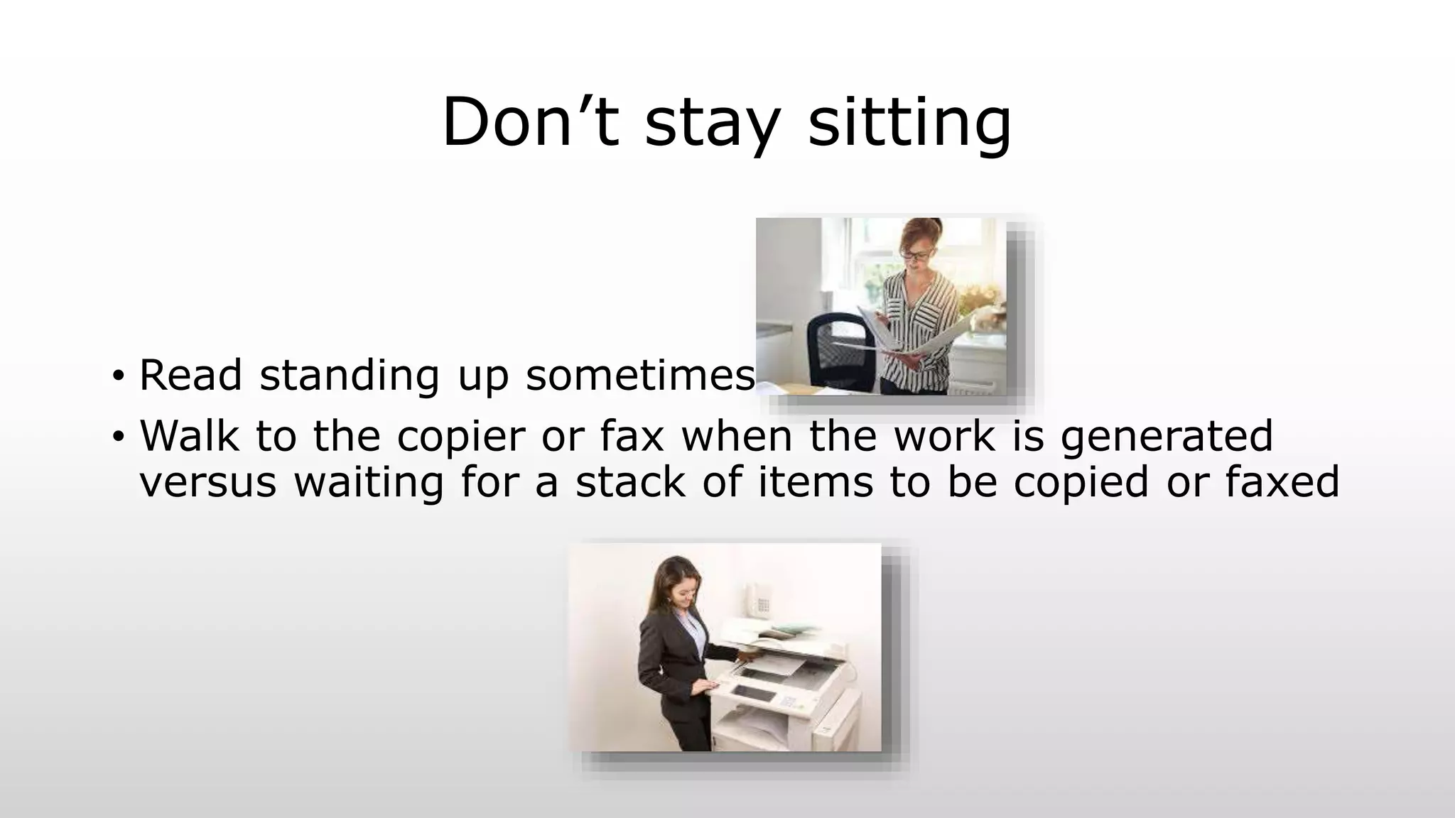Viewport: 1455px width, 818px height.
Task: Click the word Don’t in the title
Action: coord(530,122)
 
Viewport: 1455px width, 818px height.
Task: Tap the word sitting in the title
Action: coord(909,122)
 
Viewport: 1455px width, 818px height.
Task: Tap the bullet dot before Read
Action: coord(118,376)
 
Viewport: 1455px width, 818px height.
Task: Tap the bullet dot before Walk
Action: coord(118,437)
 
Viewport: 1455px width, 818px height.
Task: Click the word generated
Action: coord(1166,435)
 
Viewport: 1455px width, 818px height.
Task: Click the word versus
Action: coord(207,483)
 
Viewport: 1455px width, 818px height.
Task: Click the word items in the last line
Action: coord(815,481)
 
